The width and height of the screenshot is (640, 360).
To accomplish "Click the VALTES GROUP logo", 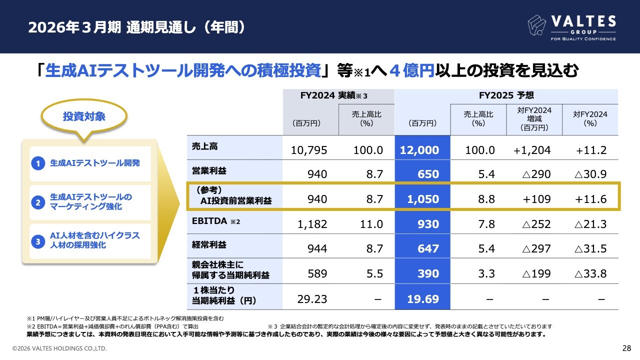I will click(572, 27).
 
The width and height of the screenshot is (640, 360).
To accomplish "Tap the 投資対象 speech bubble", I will click(84, 117).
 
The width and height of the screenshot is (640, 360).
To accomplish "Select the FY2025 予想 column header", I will click(506, 95).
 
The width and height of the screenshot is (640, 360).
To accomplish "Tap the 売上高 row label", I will click(205, 146).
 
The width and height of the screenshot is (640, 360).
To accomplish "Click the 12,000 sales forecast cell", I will click(422, 150).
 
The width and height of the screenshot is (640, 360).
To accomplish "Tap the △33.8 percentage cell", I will click(590, 273).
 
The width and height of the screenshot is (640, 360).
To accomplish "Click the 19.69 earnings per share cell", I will click(422, 299).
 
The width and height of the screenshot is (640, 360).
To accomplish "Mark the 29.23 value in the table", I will click(312, 299).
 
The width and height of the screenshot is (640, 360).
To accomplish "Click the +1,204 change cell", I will click(532, 150).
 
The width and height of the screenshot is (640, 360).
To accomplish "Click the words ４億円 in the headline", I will click(410, 71).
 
